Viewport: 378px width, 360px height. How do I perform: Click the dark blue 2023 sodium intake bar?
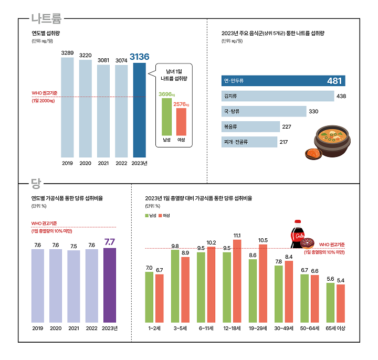[139, 110]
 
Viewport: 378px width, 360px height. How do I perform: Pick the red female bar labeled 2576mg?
[181, 122]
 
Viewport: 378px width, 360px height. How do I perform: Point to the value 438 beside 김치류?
[341, 96]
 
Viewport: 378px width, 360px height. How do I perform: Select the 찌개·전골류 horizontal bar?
[249, 142]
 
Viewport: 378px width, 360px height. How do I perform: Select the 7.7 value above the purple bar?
[110, 242]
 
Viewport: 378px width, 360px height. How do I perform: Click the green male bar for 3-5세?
[175, 287]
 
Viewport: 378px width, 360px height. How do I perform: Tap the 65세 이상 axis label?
[335, 328]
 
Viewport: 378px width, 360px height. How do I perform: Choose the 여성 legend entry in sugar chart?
[164, 216]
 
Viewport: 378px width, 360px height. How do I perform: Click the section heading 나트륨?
[46, 19]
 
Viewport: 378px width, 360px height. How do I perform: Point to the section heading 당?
[36, 183]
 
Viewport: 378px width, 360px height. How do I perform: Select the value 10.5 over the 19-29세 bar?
[263, 240]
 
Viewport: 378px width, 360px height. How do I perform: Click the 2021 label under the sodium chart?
[103, 164]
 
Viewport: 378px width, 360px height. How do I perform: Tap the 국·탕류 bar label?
[232, 112]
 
